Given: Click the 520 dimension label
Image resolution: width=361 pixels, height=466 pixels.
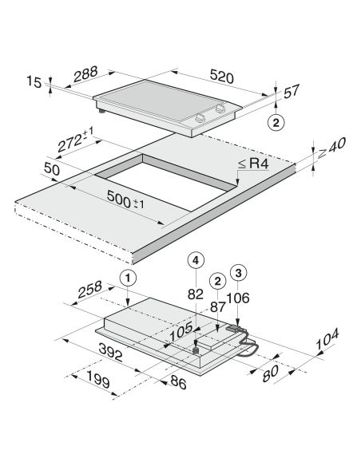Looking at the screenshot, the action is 221,77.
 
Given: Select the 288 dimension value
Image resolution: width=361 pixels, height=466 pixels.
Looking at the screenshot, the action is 85,74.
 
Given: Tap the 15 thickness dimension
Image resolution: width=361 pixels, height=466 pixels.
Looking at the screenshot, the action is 34,81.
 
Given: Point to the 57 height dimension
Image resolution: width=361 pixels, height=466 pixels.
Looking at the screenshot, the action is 292,91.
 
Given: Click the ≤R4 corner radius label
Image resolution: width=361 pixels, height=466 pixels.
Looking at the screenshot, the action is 253,164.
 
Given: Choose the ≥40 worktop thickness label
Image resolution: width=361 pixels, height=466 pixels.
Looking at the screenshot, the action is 331,148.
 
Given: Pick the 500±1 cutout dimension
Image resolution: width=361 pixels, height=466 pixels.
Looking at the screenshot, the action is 125,199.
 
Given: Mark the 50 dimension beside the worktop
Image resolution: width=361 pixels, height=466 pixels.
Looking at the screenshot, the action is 52,169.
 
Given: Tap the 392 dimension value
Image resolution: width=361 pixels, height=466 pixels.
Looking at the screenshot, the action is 110,352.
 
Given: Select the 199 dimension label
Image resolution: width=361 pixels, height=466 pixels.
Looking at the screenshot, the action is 98,380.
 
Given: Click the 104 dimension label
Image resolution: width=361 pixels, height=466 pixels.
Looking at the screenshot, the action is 327,339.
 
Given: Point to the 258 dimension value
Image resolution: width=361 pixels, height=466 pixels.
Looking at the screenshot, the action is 89,290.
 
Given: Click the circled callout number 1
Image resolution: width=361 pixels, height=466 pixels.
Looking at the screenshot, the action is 128,278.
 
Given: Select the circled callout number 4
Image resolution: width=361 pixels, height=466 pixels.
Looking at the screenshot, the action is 196,261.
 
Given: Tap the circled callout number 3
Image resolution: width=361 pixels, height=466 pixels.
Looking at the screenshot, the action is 239,273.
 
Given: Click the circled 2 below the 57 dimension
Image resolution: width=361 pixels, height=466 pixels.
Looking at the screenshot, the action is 276,122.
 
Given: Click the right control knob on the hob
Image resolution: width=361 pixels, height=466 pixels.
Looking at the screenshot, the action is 220,108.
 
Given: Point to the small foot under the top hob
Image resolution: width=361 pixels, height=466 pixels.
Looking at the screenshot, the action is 102,112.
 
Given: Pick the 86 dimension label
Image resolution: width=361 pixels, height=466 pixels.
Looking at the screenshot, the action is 178,382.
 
